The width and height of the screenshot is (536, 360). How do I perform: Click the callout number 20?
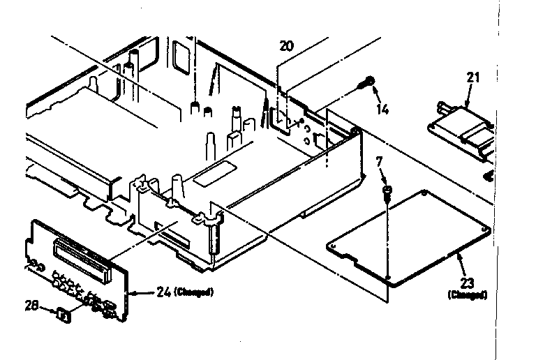point(287,47)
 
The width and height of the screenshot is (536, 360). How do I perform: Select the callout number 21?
point(474,77)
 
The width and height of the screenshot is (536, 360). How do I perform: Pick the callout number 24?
point(153,292)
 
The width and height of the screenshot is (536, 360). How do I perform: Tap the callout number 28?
point(31,306)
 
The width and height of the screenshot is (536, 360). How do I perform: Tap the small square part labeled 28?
point(64,315)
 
